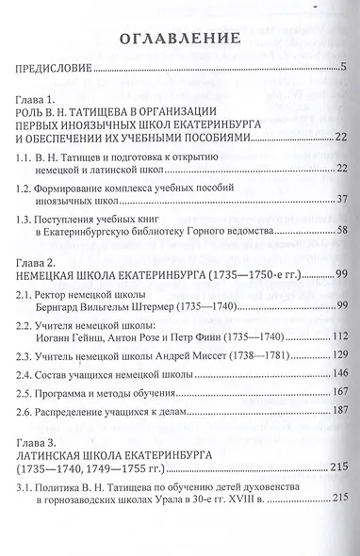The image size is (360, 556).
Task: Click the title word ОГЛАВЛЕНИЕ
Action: point(178,39)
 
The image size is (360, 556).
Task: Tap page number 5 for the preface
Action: point(345,69)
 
